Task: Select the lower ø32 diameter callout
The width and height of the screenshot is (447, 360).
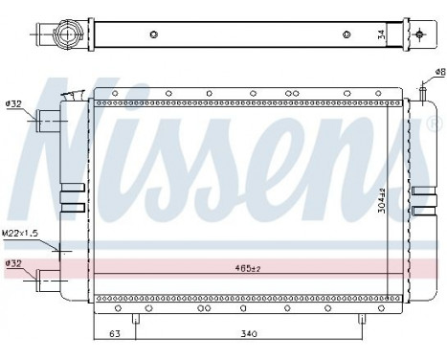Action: (x=13, y=262)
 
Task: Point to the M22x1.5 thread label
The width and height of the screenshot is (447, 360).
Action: (x=20, y=233)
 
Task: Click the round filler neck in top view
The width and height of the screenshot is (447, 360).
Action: (x=68, y=36)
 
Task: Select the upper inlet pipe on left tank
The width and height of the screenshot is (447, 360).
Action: (x=49, y=121)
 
